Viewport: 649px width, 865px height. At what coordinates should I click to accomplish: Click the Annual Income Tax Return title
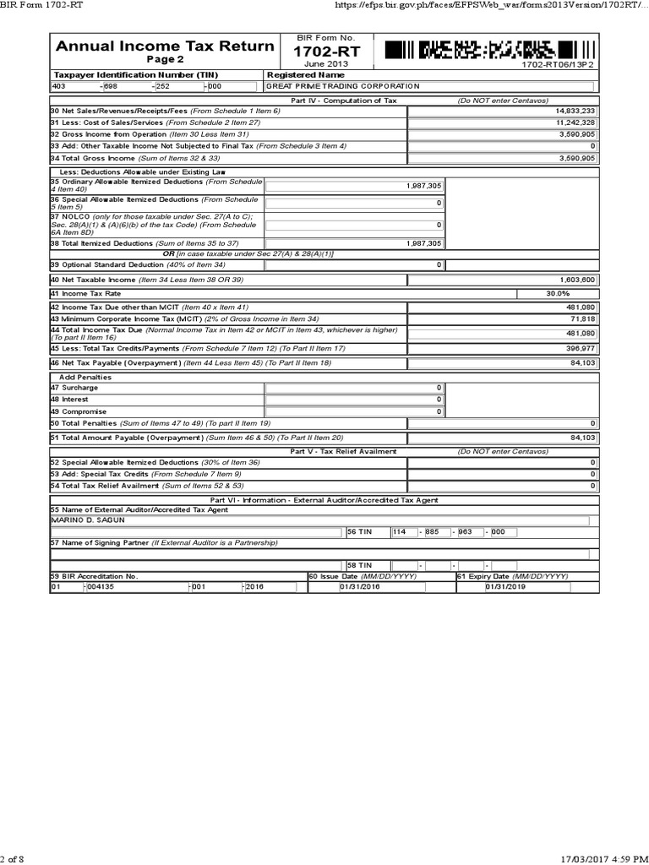click(x=165, y=46)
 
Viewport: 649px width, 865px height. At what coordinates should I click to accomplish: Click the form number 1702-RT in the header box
click(x=325, y=52)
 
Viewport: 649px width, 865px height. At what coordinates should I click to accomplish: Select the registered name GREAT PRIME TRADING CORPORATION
click(x=342, y=86)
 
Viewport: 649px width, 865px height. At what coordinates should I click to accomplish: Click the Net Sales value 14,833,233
click(x=575, y=111)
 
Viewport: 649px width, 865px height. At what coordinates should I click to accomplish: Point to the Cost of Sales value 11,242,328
click(x=575, y=122)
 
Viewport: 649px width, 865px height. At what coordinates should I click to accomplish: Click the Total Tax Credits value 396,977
click(x=580, y=347)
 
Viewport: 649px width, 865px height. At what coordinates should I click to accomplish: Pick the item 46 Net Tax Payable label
click(x=115, y=362)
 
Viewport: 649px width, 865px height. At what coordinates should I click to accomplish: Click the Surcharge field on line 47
click(x=354, y=387)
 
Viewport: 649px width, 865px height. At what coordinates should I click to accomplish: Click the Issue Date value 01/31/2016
click(x=359, y=587)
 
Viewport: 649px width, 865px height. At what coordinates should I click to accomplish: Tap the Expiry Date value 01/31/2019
click(x=504, y=587)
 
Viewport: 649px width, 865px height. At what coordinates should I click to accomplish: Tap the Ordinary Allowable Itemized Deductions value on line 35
click(x=423, y=185)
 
